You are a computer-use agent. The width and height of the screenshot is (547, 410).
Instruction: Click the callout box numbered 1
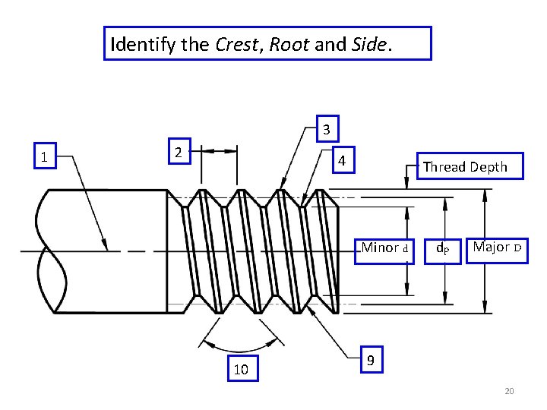coord(46,157)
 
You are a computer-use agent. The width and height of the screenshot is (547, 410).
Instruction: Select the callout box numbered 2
coord(177,152)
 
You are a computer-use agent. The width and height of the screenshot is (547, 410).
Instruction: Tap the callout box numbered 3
coord(326,130)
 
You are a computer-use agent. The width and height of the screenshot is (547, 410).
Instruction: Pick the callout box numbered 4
coord(343,161)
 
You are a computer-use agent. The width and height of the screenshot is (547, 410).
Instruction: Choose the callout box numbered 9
coord(370,360)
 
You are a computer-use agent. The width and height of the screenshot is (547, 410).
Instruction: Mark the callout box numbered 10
coord(241,369)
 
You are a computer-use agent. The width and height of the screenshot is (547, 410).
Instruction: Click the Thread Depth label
coord(465,167)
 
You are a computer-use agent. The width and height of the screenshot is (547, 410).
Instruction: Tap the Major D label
coord(497,248)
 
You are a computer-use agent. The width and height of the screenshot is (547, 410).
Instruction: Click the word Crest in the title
coord(237,44)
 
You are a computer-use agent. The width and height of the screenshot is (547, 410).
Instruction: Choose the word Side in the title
coord(370,44)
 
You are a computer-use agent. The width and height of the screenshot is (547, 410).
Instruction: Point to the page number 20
coord(509,391)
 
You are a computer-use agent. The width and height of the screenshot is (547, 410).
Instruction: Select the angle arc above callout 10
coord(241,332)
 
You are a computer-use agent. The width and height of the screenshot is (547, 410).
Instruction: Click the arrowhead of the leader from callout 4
coord(304,202)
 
